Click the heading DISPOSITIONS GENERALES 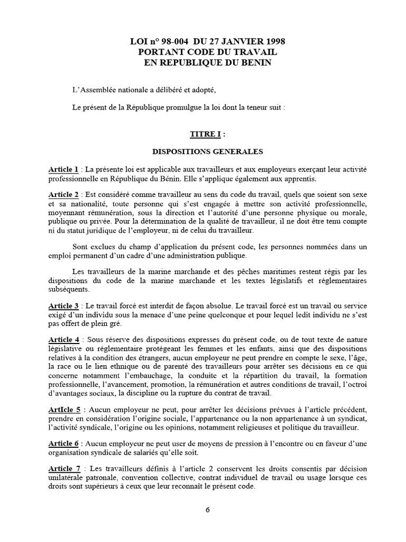point(208,151)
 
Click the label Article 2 point(63,195)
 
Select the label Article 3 point(63,306)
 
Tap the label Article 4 point(63,339)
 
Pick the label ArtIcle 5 point(63,410)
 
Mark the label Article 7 point(63,469)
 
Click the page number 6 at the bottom point(208,510)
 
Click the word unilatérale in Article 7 point(67,478)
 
